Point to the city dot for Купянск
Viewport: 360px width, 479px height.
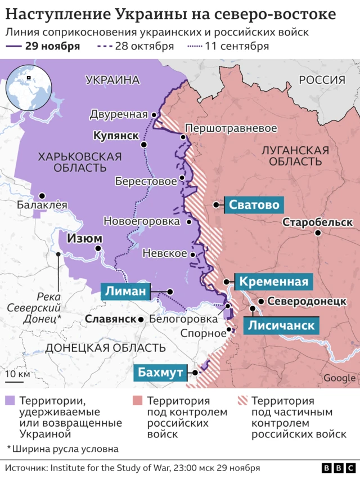[145, 145]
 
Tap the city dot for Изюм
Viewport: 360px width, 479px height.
[98, 248]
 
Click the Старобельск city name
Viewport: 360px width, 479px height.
[317, 222]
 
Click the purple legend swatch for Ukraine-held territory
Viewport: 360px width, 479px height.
[11, 401]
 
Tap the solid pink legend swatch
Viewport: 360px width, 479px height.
[137, 401]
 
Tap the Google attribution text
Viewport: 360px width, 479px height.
[339, 378]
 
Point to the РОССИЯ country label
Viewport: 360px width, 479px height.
[322, 80]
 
